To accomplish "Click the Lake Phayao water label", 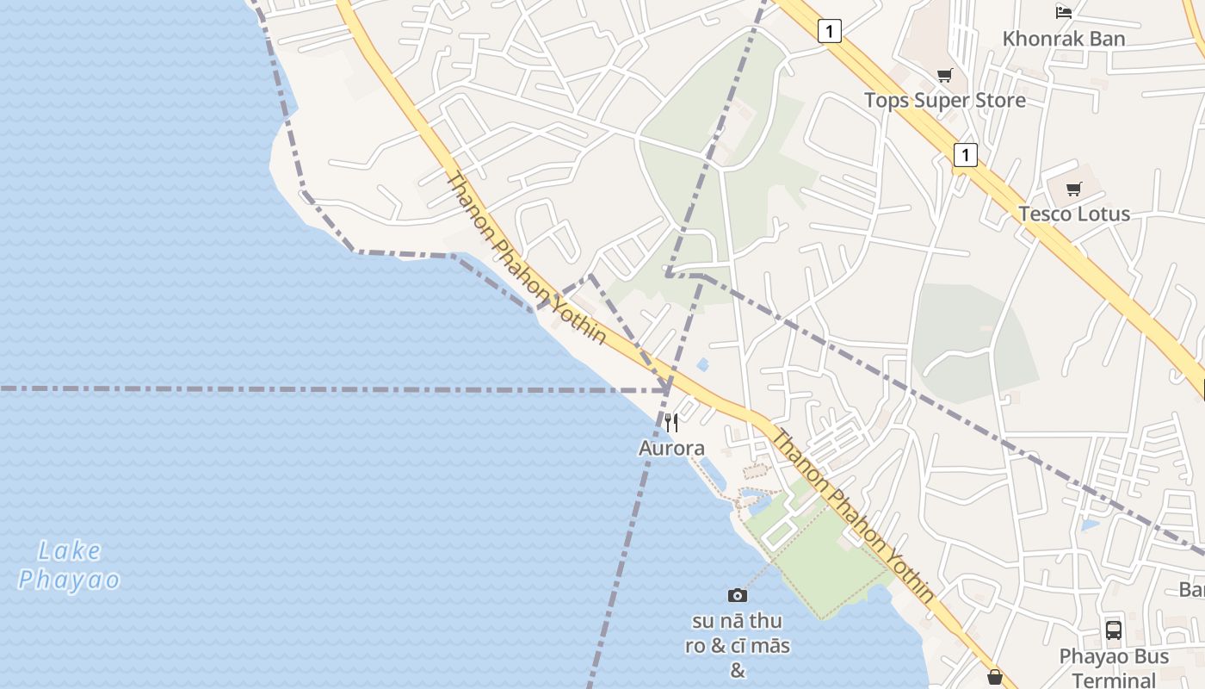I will (x=69, y=565).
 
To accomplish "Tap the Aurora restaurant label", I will (x=671, y=448).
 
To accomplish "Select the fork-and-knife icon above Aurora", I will (x=671, y=423).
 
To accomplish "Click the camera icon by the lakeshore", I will (x=737, y=595).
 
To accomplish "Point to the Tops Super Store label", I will (x=945, y=100).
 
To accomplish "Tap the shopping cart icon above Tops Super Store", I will (x=945, y=75).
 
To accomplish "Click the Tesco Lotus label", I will (x=1074, y=214).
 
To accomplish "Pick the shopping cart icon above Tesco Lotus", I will (x=1073, y=189).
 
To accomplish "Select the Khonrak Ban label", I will (x=1064, y=39).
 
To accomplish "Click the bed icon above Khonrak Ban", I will (x=1064, y=12).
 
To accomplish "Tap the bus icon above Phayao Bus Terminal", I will (x=1114, y=630).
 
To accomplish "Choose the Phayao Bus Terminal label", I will (x=1114, y=667).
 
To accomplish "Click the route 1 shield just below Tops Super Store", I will (x=966, y=155).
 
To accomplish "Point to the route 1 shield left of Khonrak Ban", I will (x=829, y=32).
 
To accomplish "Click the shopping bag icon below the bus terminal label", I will (x=995, y=678).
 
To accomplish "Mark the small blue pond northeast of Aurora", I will (x=703, y=364).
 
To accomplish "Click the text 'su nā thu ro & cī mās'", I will (x=737, y=633).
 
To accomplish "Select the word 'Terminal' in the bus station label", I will (x=1114, y=680).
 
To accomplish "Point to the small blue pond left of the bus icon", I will (x=1091, y=524).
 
